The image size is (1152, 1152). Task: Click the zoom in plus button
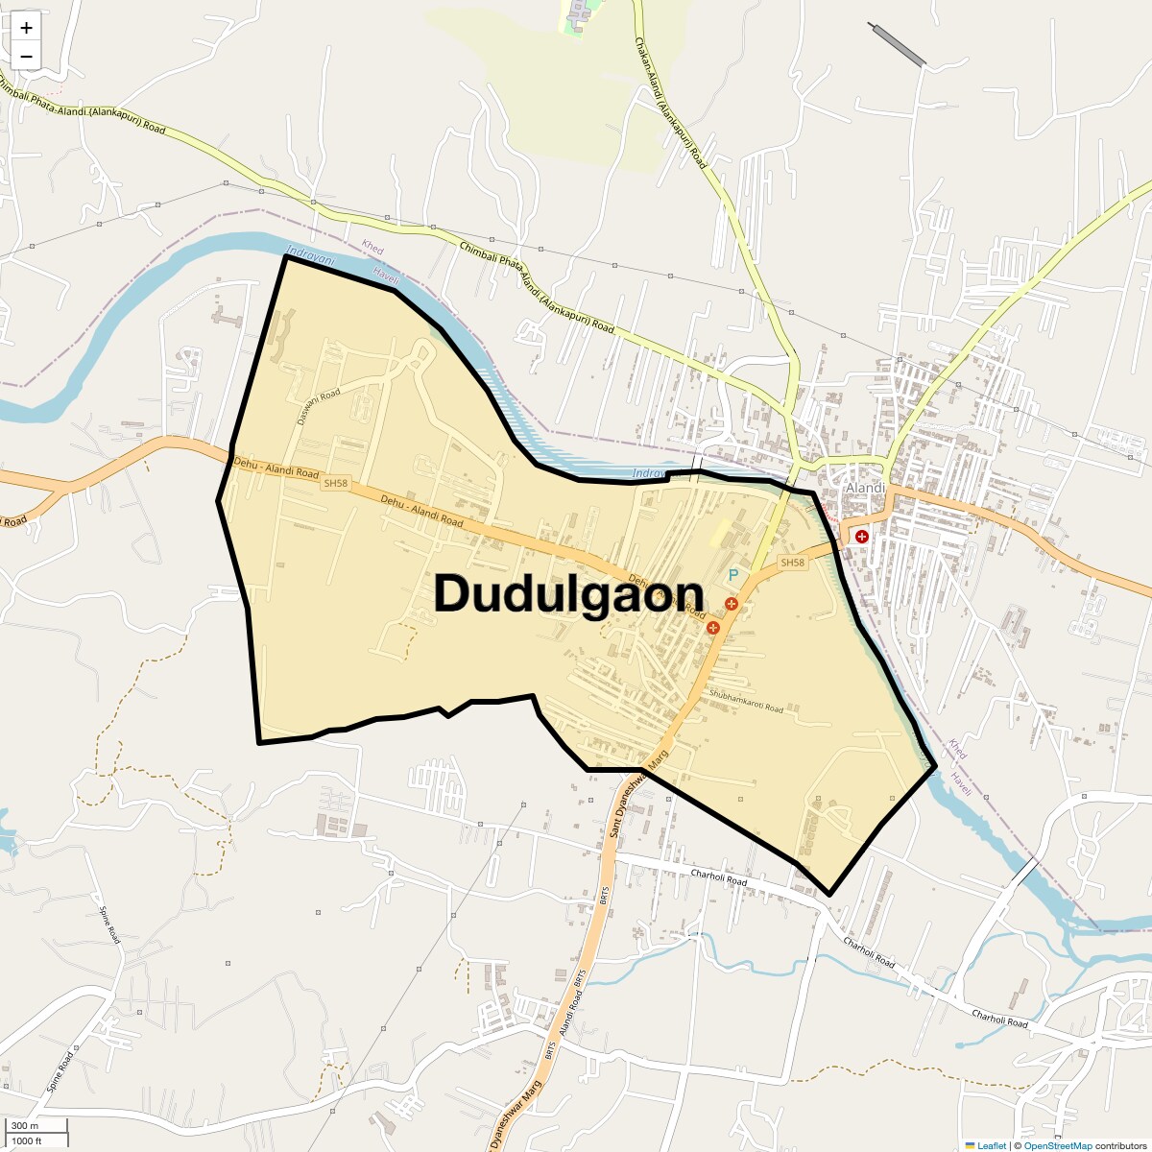coord(26,28)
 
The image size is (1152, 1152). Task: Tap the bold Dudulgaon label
coord(568,593)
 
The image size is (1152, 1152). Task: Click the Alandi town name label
coord(864,488)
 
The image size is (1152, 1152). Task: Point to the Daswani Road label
coord(319,407)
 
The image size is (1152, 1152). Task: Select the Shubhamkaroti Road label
coord(746,701)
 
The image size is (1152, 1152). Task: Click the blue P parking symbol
coord(733,575)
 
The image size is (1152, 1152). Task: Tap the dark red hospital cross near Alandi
coord(862,537)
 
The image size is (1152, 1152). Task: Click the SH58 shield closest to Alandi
coord(792,563)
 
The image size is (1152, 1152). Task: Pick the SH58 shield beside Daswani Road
coord(335,483)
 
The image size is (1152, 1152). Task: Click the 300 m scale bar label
coord(25,1125)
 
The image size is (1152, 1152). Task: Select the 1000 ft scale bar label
coord(27,1140)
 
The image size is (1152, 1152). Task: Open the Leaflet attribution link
coord(992,1145)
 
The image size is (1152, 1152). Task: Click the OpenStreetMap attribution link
coord(1057,1145)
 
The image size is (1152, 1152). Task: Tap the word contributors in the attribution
coord(1120,1145)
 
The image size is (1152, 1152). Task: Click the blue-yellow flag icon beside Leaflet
coord(970,1145)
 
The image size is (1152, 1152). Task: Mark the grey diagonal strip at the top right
coord(897,44)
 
